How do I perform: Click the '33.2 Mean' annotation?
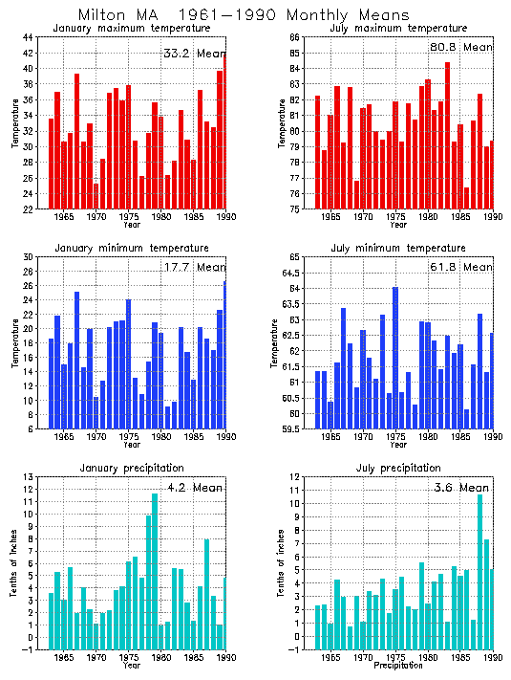tap(194, 54)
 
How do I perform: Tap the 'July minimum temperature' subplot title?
tap(397, 248)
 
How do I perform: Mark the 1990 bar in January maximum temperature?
tap(224, 131)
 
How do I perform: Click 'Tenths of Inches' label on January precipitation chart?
tap(13, 569)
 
